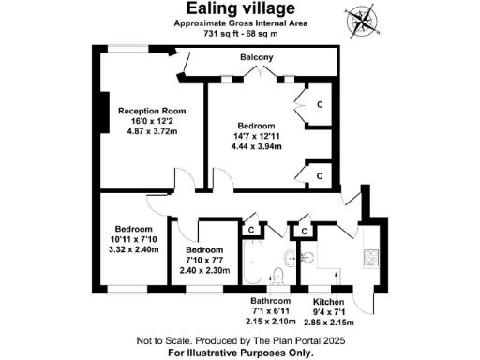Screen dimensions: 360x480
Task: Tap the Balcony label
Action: click(256, 58)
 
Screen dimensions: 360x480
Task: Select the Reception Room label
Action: click(145, 111)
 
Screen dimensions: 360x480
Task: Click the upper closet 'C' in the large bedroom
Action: click(320, 104)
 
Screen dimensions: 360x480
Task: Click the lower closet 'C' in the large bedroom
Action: click(320, 175)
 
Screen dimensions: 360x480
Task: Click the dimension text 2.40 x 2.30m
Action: click(202, 272)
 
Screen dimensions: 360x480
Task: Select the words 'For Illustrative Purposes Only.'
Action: click(240, 353)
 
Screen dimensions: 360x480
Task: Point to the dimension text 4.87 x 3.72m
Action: click(145, 132)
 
